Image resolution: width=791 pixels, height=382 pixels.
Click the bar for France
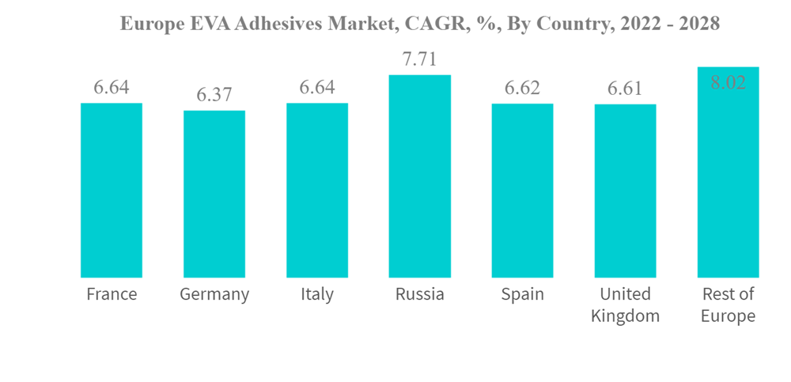pyautogui.click(x=112, y=190)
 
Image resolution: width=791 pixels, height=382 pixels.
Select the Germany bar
pyautogui.click(x=214, y=194)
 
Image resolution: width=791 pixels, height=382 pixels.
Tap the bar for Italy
pyautogui.click(x=317, y=190)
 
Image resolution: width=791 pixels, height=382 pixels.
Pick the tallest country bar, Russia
pyautogui.click(x=420, y=176)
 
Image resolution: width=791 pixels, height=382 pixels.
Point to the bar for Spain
pyautogui.click(x=522, y=190)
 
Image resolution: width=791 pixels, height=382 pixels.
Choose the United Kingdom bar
pyautogui.click(x=625, y=191)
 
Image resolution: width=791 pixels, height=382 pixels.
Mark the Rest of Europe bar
pyautogui.click(x=728, y=172)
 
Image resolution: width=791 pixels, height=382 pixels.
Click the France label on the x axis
pyautogui.click(x=112, y=294)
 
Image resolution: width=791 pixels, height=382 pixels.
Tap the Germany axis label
pyautogui.click(x=214, y=295)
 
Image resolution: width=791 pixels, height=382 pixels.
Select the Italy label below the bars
pyautogui.click(x=317, y=294)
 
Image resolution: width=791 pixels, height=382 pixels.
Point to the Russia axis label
pyautogui.click(x=420, y=294)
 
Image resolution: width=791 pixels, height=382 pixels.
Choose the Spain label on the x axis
pyautogui.click(x=522, y=295)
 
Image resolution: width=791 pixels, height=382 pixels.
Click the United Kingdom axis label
pyautogui.click(x=625, y=304)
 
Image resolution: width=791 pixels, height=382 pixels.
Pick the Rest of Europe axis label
pyautogui.click(x=728, y=304)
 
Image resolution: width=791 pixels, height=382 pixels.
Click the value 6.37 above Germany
pyautogui.click(x=214, y=95)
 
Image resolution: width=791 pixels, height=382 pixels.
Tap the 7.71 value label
pyautogui.click(x=420, y=59)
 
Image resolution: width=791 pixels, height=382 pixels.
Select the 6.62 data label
pyautogui.click(x=522, y=88)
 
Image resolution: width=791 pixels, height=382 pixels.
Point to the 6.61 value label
pyautogui.click(x=625, y=89)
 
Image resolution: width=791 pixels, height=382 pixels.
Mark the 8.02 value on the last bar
pyautogui.click(x=728, y=82)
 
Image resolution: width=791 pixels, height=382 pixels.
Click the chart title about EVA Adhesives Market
pyautogui.click(x=420, y=24)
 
